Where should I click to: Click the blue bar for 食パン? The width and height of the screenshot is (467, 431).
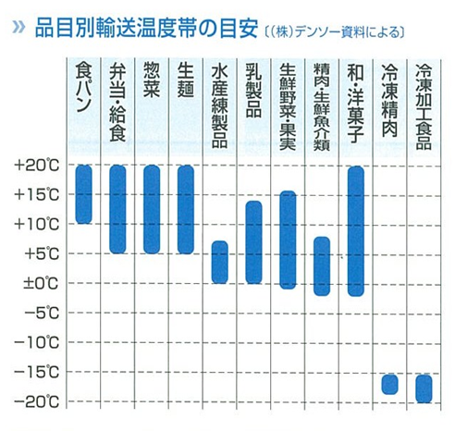click(84, 194)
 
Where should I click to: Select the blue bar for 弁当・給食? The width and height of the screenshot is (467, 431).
click(117, 209)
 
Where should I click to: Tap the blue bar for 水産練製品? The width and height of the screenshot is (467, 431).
click(219, 262)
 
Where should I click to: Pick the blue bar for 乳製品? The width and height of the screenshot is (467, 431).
click(253, 241)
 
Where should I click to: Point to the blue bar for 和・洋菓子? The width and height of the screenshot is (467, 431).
click(355, 230)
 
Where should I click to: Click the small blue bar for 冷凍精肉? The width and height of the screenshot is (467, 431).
click(389, 384)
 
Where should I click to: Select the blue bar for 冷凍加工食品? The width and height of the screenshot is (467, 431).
click(424, 388)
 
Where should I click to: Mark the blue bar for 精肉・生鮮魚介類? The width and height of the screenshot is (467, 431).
click(321, 265)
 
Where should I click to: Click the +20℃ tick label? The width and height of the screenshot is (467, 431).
click(37, 166)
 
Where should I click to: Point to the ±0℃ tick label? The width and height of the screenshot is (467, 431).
click(37, 283)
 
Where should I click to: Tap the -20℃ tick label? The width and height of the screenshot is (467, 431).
click(37, 402)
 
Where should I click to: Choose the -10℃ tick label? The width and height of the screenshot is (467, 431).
click(37, 343)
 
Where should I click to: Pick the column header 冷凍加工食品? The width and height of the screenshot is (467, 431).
click(424, 102)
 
